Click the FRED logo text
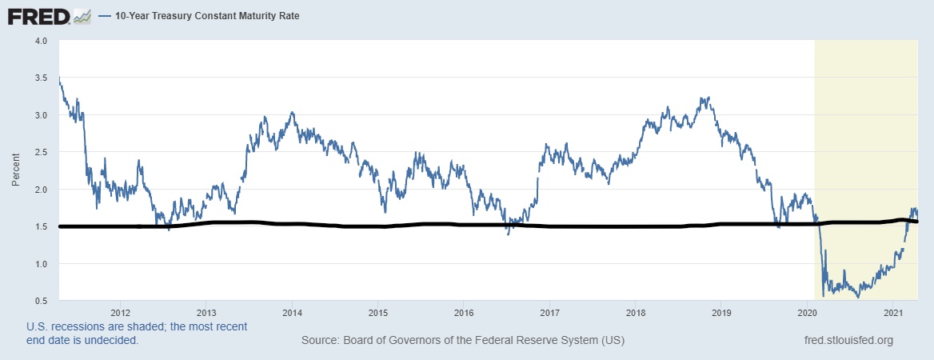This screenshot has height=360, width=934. tap(38, 15)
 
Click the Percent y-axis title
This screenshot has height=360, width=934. tap(16, 170)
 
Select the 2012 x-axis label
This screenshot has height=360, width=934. tap(121, 313)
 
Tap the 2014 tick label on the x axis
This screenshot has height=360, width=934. tap(292, 313)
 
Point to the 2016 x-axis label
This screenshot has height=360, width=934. tap(464, 313)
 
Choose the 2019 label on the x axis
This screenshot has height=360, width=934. tap(721, 313)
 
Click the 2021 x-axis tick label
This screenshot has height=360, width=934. tap(893, 313)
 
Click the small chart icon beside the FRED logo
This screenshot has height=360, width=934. tap(82, 16)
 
